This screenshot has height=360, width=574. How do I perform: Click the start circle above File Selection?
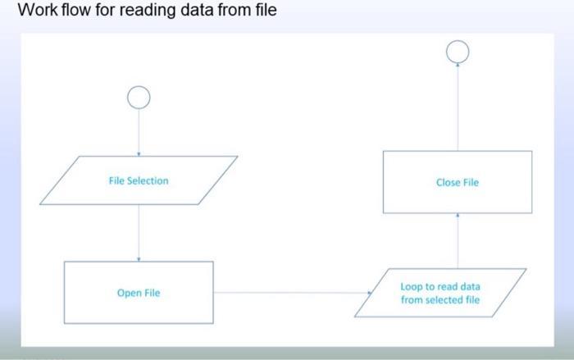139,98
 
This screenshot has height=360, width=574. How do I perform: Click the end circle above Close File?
458,52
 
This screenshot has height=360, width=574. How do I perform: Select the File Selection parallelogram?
139,180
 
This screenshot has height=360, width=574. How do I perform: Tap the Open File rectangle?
139,293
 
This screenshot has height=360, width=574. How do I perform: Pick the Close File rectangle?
458,182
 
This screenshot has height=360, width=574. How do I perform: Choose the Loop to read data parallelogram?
440,294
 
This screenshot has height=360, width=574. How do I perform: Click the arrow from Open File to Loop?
291,292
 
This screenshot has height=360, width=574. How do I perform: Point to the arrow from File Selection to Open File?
139,233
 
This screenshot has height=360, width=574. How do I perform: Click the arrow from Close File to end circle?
458,107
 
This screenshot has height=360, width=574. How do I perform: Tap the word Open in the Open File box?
128,293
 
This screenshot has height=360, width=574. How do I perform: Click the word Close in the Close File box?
448,182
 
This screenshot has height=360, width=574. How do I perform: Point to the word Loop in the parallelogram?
412,287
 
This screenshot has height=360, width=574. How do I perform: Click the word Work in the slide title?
35,11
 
